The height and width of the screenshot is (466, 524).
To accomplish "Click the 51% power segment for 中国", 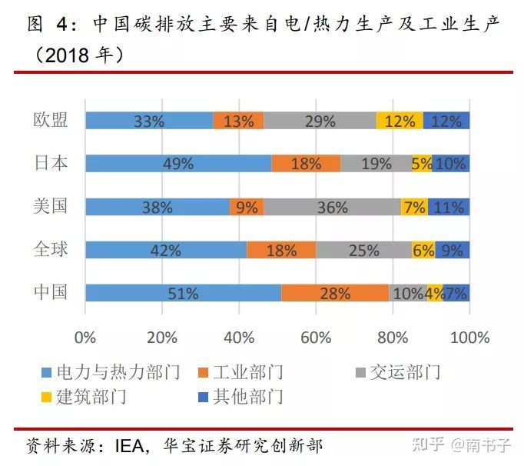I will [x=183, y=293].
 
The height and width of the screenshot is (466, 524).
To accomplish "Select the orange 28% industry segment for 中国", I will [x=335, y=293].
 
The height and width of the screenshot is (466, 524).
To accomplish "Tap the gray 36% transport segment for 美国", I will [x=332, y=207].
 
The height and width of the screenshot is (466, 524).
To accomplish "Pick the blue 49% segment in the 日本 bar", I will [x=177, y=164].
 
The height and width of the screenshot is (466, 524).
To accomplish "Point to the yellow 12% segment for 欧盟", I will [x=400, y=121].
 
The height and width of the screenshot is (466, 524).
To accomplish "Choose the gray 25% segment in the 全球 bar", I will [x=363, y=250].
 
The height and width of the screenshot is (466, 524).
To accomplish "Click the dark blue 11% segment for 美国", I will [x=449, y=207].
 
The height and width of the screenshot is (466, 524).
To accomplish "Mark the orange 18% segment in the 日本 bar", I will [x=306, y=164].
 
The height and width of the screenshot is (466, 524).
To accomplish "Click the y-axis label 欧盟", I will [x=51, y=121].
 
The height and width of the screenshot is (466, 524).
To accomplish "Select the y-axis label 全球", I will [x=51, y=249].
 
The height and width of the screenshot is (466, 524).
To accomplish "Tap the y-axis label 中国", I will [x=51, y=292].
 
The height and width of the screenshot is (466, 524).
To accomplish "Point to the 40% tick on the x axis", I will [x=239, y=338].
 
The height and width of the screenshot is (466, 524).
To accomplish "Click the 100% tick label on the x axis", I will [x=469, y=338].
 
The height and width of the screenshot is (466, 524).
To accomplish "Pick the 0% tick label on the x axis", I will [x=85, y=338].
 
